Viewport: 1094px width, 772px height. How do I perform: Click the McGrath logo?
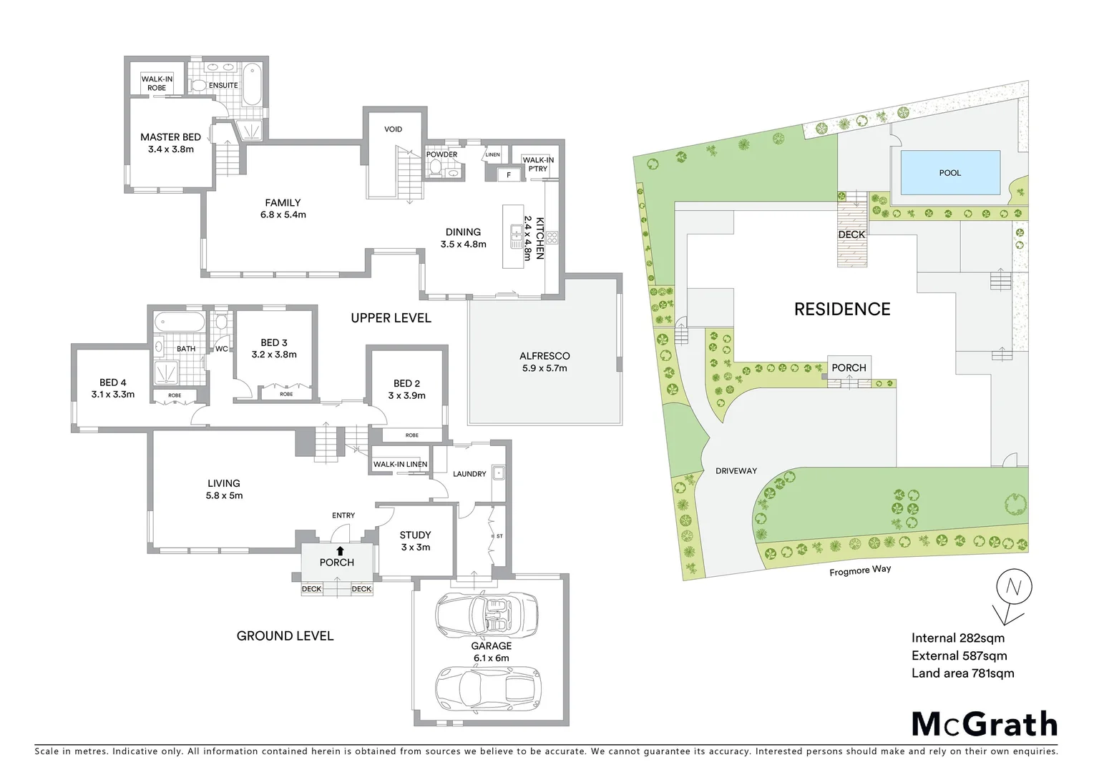click(x=984, y=724)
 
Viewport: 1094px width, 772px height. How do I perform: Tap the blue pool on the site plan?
click(x=950, y=173)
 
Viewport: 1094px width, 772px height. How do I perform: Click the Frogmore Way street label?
click(x=860, y=570)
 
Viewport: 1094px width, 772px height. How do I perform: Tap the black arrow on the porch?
click(x=340, y=550)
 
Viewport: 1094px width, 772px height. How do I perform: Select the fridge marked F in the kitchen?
click(x=509, y=174)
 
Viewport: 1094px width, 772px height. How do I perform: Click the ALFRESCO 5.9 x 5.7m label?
click(x=544, y=362)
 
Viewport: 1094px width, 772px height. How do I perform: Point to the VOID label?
click(x=393, y=129)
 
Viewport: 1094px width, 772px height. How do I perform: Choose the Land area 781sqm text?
click(x=962, y=673)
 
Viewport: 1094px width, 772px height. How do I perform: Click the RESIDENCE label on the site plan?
click(x=842, y=309)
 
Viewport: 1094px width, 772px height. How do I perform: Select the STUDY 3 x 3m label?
click(x=415, y=540)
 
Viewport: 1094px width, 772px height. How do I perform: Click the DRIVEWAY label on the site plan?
click(x=736, y=471)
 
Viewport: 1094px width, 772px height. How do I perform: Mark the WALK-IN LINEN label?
click(x=400, y=465)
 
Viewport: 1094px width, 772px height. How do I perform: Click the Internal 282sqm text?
click(x=957, y=638)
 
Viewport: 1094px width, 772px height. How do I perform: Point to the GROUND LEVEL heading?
click(x=285, y=635)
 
